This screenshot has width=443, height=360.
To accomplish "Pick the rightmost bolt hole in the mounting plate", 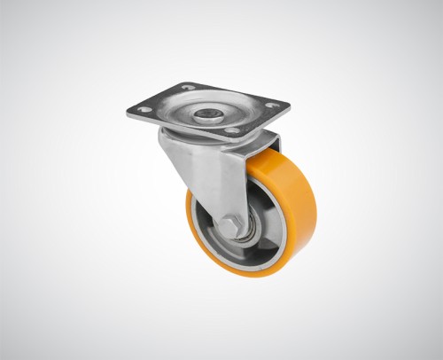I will pyautogui.click(x=273, y=105).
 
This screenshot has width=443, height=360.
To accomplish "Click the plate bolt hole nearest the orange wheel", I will pyautogui.click(x=231, y=131).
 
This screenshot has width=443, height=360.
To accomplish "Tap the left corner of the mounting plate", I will pyautogui.click(x=128, y=113).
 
